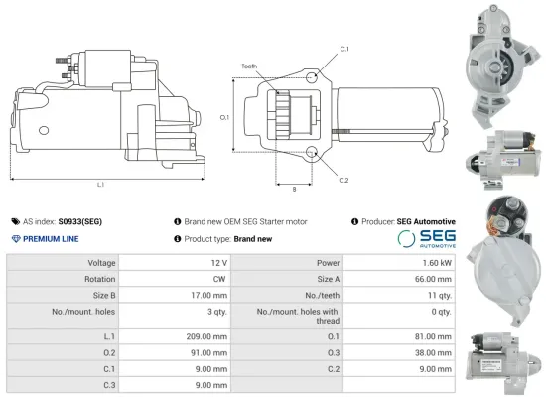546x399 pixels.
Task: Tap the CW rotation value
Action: tap(218, 279)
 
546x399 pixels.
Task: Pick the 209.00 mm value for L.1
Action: tap(207, 337)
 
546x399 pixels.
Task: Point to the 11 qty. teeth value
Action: tap(438, 295)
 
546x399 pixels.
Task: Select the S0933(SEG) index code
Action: tap(80, 222)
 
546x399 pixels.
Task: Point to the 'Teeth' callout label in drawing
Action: tap(248, 66)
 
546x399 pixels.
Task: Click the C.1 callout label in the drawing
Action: tap(343, 49)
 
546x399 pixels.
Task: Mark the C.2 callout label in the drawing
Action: tap(343, 180)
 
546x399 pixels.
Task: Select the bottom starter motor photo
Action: tap(504, 356)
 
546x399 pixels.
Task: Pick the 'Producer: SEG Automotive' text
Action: tap(404, 222)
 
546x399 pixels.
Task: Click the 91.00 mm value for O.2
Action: tap(207, 352)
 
